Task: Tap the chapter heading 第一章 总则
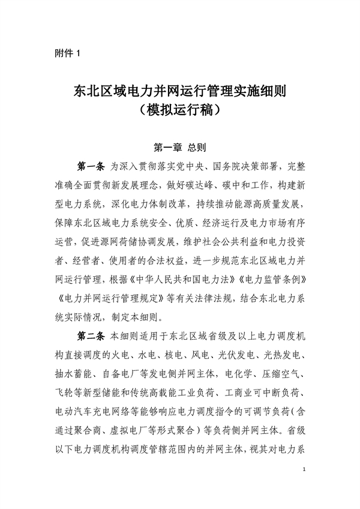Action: tap(180, 146)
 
